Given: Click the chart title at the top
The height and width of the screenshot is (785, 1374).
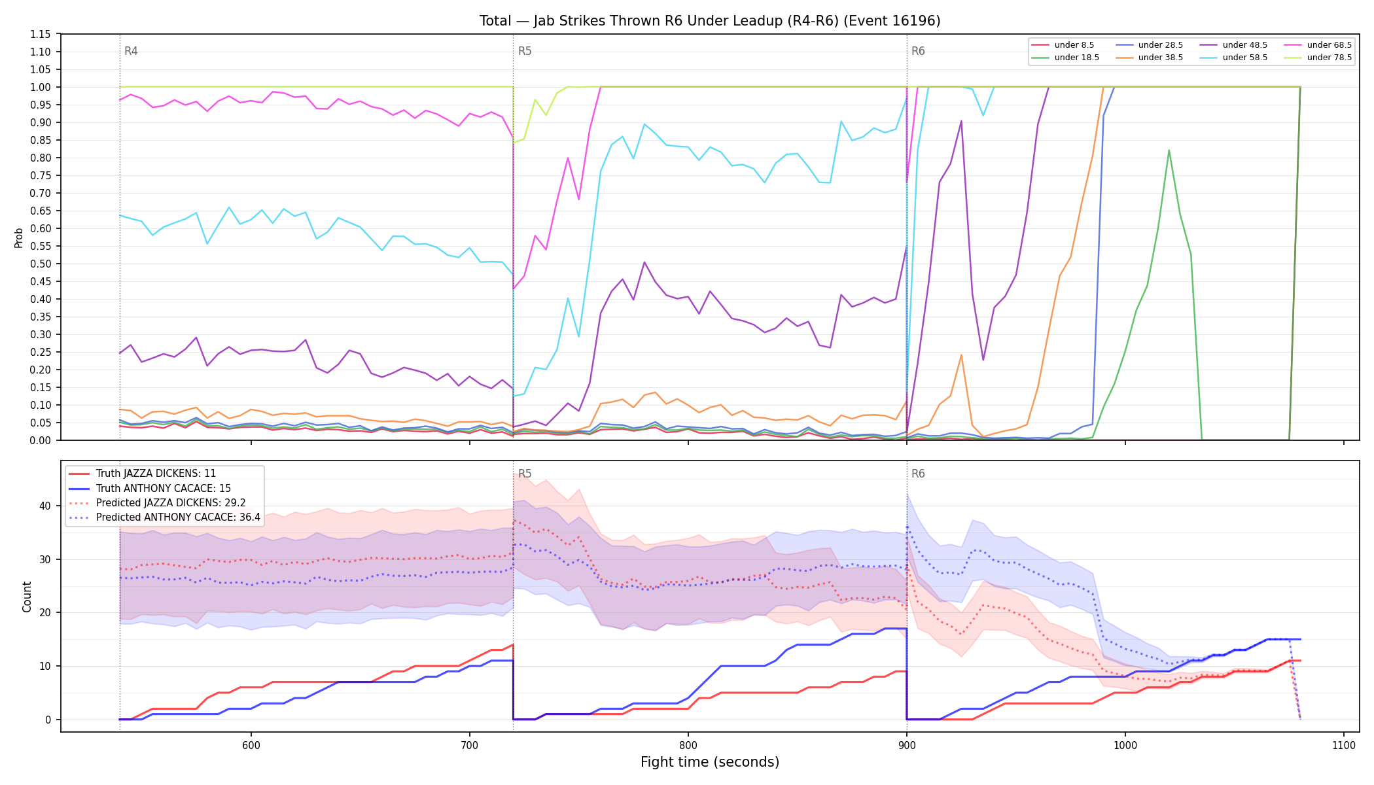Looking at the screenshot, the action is (x=710, y=21).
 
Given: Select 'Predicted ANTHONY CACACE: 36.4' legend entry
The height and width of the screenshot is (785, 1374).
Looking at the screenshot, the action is (x=165, y=517).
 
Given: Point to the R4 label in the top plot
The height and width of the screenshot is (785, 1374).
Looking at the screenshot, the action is (x=131, y=51).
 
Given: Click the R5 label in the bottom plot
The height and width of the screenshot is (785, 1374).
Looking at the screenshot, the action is (x=525, y=474).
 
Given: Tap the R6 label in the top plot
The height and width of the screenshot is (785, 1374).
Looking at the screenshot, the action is (x=918, y=51).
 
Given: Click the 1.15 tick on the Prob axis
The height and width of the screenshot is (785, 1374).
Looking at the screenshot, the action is (x=41, y=34).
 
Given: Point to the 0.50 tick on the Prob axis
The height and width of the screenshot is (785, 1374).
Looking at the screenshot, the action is (x=41, y=264).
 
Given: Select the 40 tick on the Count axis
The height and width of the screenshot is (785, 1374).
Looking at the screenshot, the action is (x=45, y=506).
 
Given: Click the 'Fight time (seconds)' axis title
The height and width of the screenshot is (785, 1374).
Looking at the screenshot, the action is (x=710, y=762).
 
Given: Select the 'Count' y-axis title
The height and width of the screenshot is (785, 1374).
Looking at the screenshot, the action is (x=27, y=597).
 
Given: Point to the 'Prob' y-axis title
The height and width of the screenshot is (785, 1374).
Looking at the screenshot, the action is (x=19, y=237).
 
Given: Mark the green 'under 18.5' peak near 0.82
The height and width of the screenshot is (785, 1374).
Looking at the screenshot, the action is (x=1169, y=150).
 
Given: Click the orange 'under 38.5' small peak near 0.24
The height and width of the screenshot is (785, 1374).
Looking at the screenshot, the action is (x=961, y=355).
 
